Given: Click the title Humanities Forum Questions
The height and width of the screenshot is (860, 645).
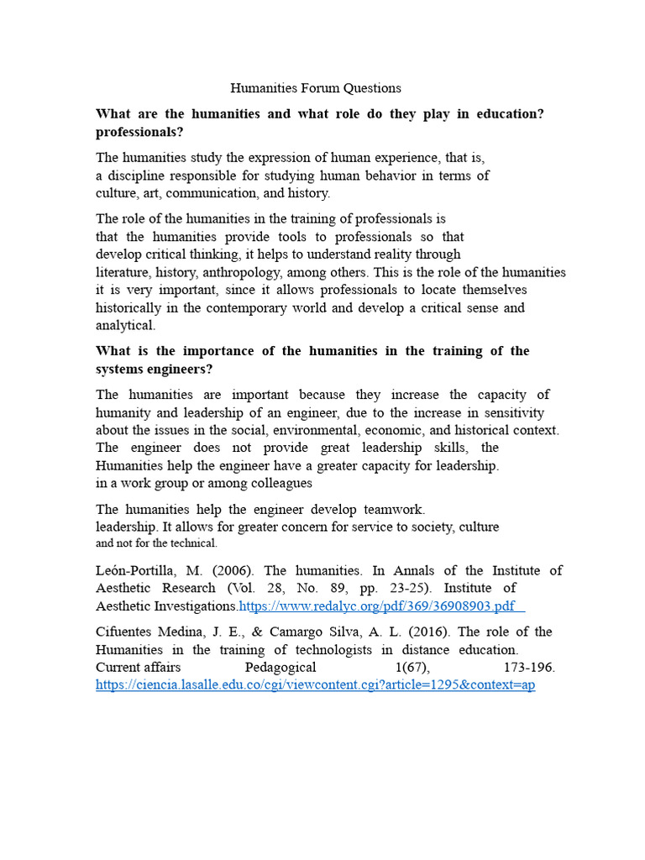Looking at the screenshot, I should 316,88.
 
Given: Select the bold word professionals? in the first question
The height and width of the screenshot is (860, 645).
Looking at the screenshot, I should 139,133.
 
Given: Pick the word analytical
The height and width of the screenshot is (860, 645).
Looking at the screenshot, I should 125,326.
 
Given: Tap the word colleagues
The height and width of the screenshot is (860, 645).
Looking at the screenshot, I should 279,483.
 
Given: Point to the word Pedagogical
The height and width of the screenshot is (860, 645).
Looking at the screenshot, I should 281,667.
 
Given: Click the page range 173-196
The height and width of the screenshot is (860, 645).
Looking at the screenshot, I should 529,667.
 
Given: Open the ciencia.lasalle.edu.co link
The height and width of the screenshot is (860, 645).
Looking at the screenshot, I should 315,685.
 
